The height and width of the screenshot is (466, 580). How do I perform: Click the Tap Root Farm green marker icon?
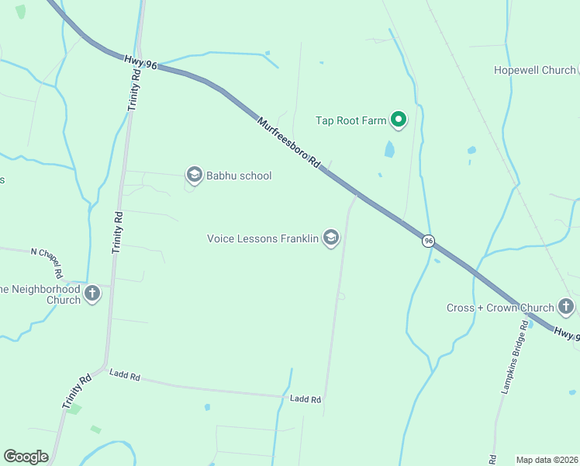[399, 120]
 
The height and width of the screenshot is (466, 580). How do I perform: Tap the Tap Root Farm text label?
[350, 120]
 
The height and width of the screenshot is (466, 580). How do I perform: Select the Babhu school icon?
[194, 175]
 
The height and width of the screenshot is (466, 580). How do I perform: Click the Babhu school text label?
[239, 176]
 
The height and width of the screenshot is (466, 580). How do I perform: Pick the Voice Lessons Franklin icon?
[331, 238]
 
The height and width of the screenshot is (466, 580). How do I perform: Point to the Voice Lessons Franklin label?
[263, 238]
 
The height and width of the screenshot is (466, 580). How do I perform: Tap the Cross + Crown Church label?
[500, 308]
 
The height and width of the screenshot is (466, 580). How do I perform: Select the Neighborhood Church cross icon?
[92, 294]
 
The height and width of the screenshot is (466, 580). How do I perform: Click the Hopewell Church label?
[535, 71]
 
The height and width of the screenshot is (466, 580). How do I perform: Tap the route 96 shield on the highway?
[428, 242]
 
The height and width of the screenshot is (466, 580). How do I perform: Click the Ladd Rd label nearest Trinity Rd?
[124, 377]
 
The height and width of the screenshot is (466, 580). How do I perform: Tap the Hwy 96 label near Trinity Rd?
[140, 62]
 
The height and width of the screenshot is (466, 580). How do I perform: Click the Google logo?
[26, 457]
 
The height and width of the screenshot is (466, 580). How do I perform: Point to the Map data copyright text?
[547, 459]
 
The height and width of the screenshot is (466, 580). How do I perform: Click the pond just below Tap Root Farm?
[389, 148]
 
